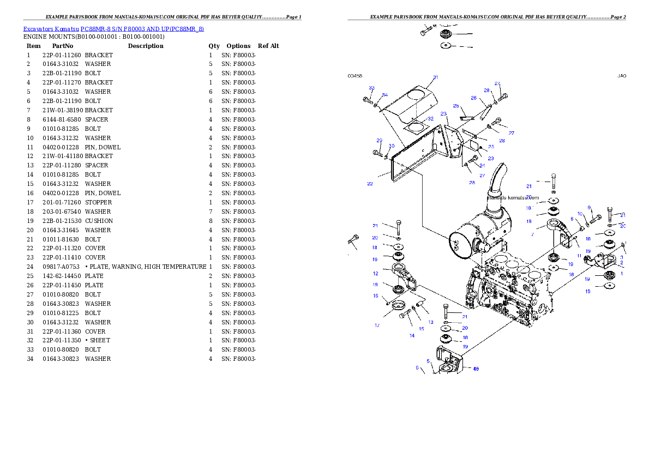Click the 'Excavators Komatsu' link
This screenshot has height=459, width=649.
(51, 29)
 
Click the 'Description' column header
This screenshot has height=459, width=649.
(146, 46)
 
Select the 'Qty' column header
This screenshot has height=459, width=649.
(214, 46)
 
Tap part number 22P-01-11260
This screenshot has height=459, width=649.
(62, 55)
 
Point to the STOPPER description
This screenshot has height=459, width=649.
(99, 202)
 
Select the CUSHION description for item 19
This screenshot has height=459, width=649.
(99, 221)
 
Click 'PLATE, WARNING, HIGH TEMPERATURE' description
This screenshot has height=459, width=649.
(148, 267)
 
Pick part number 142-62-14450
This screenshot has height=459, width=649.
(62, 276)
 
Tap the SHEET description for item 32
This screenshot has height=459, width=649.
(100, 340)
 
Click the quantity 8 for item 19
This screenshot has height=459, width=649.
(211, 221)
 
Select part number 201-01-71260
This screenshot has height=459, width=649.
(62, 202)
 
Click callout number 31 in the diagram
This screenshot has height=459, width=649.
(435, 77)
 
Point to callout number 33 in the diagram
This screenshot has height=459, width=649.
(372, 88)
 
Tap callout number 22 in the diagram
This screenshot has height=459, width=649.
(370, 183)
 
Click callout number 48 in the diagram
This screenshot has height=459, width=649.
(476, 369)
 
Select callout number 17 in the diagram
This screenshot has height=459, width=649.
(377, 325)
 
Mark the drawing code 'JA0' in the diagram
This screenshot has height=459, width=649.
(622, 76)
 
